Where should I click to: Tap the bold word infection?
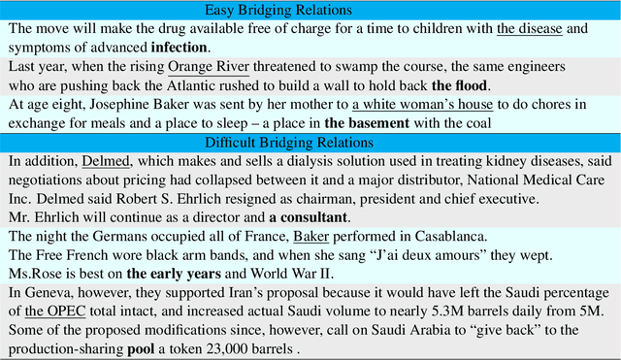179,46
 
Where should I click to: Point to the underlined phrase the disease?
530,28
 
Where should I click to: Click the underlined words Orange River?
208,67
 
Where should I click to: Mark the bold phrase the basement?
367,123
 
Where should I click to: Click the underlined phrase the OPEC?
48,311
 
